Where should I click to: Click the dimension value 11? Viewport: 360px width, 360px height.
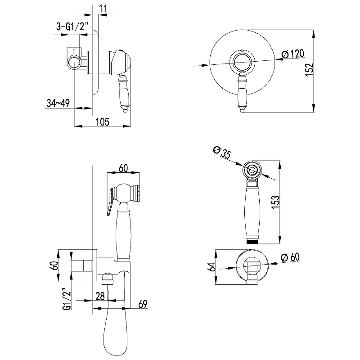(x=103, y=9)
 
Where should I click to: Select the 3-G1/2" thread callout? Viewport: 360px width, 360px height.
(x=72, y=27)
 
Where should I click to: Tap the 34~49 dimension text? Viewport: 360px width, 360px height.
(x=58, y=103)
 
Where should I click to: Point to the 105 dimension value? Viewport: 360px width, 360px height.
(x=103, y=121)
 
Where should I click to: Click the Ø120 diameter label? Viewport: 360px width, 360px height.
(x=293, y=54)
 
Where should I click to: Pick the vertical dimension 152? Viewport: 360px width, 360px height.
(x=310, y=70)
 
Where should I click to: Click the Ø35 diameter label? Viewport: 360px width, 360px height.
(x=222, y=152)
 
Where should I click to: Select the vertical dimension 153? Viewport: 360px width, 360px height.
(x=275, y=202)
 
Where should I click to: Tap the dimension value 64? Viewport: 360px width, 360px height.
(x=212, y=266)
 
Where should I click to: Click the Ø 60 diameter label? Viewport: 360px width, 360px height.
(x=290, y=257)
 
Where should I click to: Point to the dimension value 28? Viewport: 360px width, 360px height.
(x=100, y=296)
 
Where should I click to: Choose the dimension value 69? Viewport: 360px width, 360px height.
(x=143, y=304)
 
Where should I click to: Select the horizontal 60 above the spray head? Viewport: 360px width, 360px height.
(x=123, y=168)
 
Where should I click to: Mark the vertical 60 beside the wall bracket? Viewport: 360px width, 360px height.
(x=55, y=265)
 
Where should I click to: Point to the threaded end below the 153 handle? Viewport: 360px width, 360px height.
(x=252, y=242)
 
